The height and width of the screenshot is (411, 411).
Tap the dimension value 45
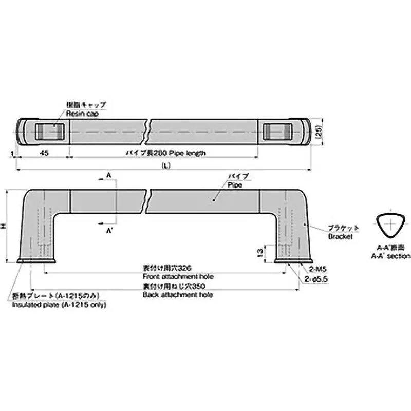pos(44,153)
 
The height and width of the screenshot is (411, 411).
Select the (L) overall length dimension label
pos(165,165)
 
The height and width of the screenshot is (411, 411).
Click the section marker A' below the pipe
pos(109,232)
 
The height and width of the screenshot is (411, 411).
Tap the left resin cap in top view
pos(50,131)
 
